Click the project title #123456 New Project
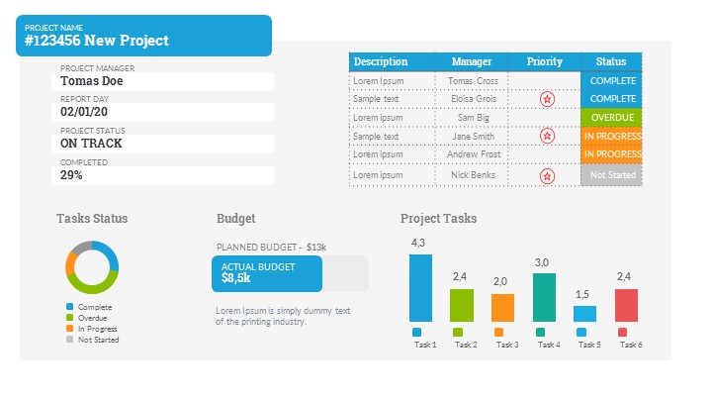click(97, 41)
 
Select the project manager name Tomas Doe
click(92, 81)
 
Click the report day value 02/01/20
click(84, 112)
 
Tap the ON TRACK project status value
click(91, 144)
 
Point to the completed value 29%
click(71, 175)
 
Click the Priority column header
click(544, 61)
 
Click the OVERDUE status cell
click(612, 118)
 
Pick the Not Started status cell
click(612, 175)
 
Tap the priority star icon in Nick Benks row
click(547, 175)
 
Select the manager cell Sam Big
click(473, 118)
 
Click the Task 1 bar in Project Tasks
click(420, 288)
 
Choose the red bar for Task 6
click(626, 305)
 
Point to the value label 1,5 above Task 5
click(582, 294)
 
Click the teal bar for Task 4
click(544, 297)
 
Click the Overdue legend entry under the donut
click(94, 318)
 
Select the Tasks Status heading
click(92, 219)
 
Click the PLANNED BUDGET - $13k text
click(271, 247)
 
